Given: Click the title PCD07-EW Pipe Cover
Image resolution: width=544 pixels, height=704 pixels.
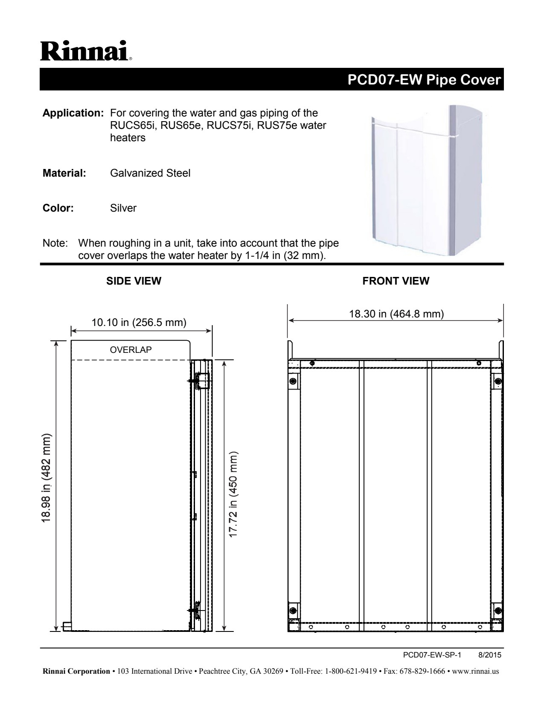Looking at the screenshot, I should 424,80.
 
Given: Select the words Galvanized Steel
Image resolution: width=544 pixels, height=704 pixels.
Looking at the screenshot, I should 150,173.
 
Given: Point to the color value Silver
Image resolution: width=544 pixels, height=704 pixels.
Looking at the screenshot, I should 123,208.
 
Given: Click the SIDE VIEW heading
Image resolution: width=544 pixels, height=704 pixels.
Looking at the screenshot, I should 134,281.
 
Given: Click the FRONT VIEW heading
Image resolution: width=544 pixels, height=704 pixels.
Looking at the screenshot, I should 396,281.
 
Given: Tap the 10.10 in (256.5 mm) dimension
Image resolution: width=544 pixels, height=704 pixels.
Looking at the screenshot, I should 139,322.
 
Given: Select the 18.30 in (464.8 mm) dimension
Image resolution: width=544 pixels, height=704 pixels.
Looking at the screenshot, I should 396,314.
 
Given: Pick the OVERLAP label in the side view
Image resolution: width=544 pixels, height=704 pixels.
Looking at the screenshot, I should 131,350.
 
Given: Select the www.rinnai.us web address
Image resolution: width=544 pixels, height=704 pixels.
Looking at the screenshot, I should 475,672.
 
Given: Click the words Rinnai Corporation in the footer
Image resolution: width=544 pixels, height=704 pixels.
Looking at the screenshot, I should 75,672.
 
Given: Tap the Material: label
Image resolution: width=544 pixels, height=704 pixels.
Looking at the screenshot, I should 64,173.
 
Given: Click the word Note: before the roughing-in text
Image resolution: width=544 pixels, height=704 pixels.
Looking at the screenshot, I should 55,243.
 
